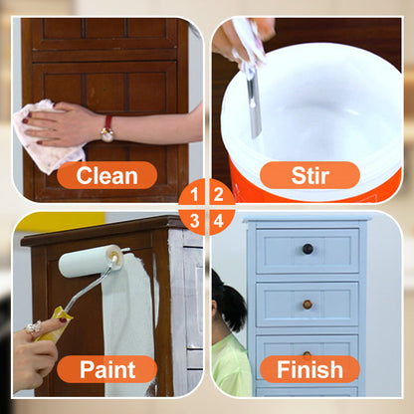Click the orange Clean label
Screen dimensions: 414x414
click(x=106, y=175)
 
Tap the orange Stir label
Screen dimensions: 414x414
click(x=310, y=175)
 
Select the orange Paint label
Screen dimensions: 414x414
click(x=106, y=369)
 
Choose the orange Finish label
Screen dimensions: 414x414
click(x=310, y=369)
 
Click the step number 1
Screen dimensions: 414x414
click(x=194, y=194)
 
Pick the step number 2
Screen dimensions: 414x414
click(x=218, y=194)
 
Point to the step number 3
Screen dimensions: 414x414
click(x=194, y=220)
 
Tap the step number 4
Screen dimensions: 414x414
click(x=218, y=220)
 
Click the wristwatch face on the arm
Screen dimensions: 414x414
click(x=107, y=134)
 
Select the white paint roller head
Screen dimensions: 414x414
click(x=92, y=261)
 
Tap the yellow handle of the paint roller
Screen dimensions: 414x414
click(x=54, y=324)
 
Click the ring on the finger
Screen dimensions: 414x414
click(x=34, y=327)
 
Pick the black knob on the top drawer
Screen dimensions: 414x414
click(x=308, y=249)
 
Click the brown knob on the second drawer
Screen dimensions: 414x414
click(x=308, y=305)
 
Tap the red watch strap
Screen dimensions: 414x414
click(x=108, y=121)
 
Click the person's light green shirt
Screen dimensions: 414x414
click(x=231, y=365)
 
